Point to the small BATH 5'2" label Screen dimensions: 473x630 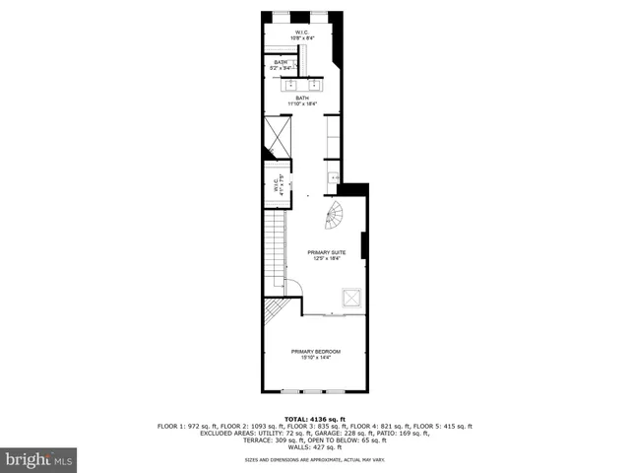pyautogui.click(x=282, y=65)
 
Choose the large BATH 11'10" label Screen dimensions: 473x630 pyautogui.click(x=301, y=101)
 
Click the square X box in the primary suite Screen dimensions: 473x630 pyautogui.click(x=350, y=298)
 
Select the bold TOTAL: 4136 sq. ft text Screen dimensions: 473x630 pyautogui.click(x=314, y=419)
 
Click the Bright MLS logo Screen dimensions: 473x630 pyautogui.click(x=39, y=459)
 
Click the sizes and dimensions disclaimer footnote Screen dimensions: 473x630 pyautogui.click(x=314, y=460)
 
